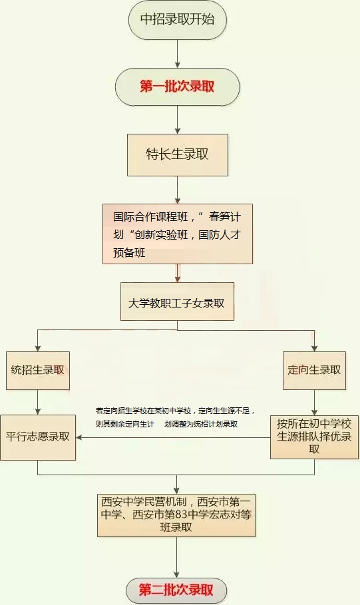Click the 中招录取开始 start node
pos(178,20)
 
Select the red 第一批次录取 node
pos(178,87)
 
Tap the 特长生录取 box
pos(178,154)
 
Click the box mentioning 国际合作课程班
pos(178,234)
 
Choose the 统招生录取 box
pos(37,369)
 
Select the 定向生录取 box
pos(314,369)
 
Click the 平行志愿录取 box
pos(37,437)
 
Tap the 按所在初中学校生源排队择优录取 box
pos(314,437)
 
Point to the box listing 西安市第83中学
pos(177,514)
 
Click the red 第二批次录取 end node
pos(176,590)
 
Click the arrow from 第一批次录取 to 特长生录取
pos(178,120)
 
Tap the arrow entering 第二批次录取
pos(176,559)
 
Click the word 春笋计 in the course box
pos(230,217)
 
